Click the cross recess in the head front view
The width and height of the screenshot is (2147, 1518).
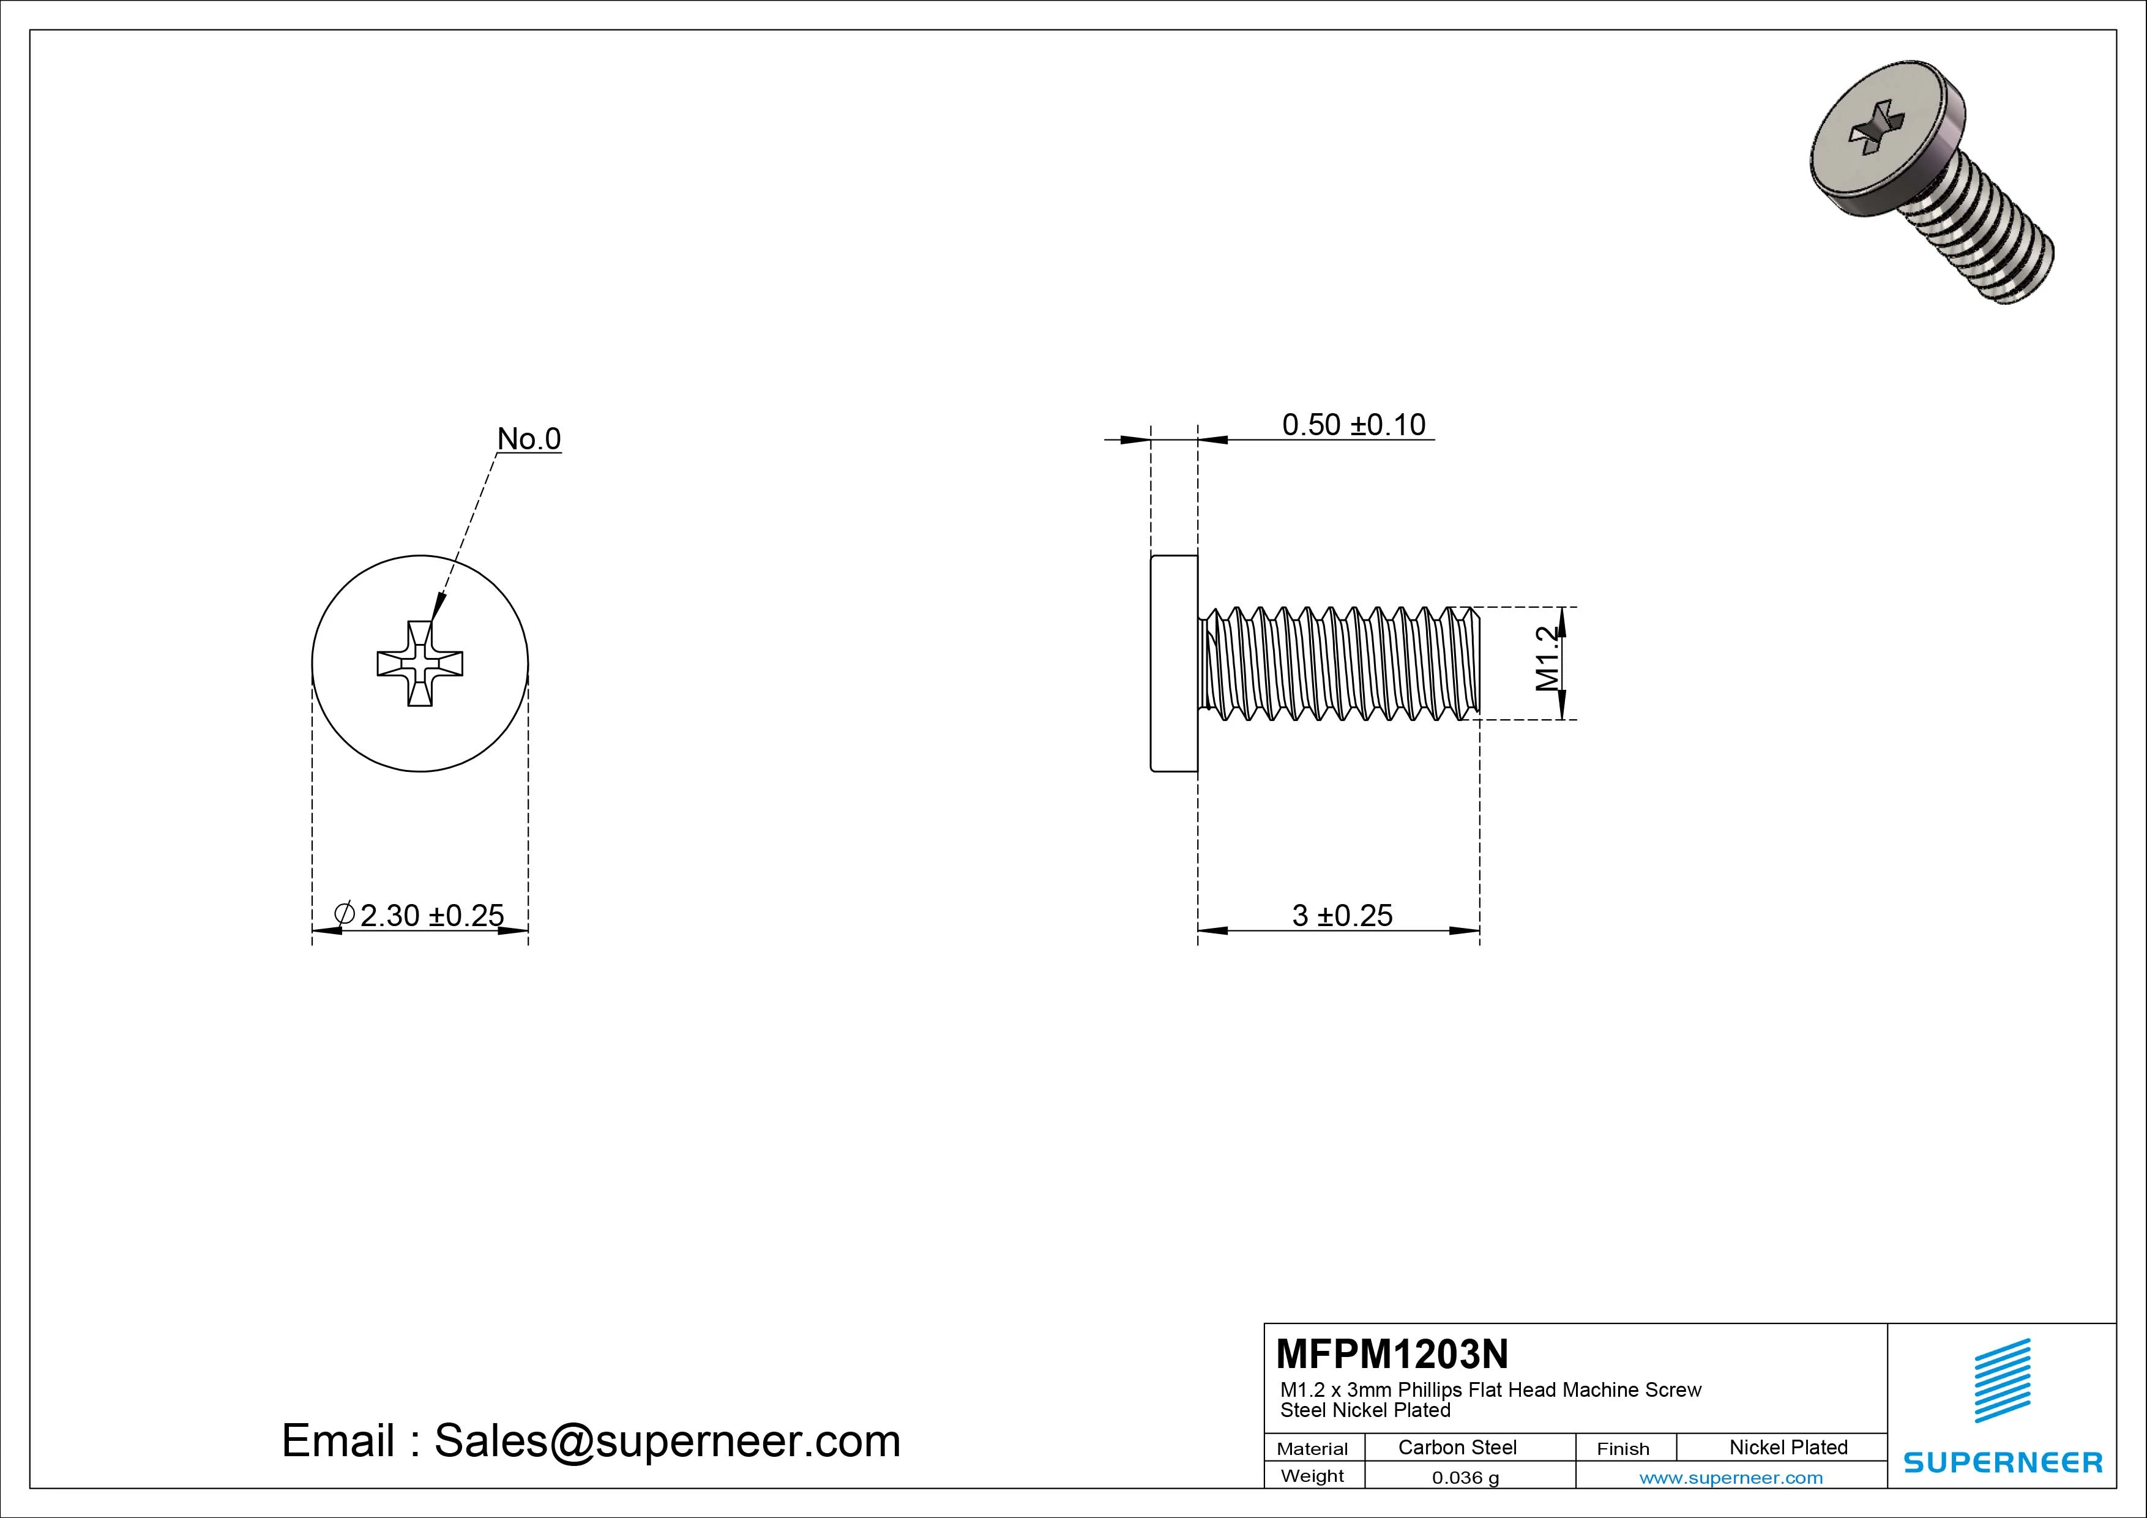(x=420, y=663)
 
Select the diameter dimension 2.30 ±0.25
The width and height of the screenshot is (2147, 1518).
(x=430, y=914)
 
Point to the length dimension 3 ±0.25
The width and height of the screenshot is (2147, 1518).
(x=1341, y=914)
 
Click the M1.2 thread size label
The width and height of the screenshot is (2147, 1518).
(x=1548, y=659)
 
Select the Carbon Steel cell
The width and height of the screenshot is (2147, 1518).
(x=1457, y=1447)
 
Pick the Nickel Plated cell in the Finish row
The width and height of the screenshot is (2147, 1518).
(x=1788, y=1447)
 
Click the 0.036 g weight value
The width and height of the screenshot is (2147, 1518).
(x=1465, y=1478)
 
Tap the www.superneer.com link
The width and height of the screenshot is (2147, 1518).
(x=1731, y=1478)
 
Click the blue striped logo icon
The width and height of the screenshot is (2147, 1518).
(x=2002, y=1380)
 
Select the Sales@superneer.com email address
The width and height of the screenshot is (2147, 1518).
(x=667, y=1440)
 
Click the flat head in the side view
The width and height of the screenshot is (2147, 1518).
(x=1173, y=663)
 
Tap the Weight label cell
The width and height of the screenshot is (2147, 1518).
(x=1312, y=1476)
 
